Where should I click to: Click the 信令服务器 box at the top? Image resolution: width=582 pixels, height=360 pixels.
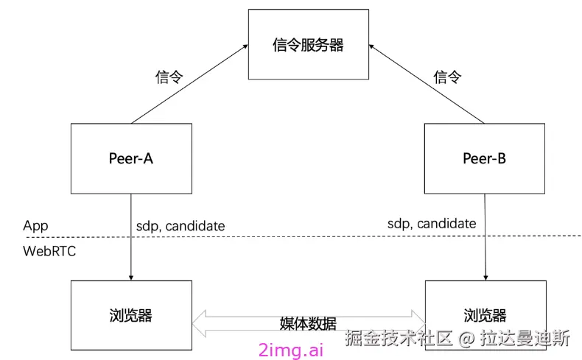[x=308, y=45]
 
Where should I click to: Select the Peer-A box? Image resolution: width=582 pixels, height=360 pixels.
[x=130, y=158]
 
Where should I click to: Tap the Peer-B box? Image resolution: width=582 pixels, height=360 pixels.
[x=484, y=158]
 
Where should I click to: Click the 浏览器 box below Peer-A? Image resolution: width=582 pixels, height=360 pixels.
[x=130, y=316]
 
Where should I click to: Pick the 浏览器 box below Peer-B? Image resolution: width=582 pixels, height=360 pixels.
[x=484, y=316]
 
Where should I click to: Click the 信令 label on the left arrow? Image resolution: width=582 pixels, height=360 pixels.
[x=169, y=77]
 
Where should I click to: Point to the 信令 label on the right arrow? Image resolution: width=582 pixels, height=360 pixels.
[x=447, y=77]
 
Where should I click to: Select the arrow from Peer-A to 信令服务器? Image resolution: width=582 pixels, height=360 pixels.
[x=189, y=83]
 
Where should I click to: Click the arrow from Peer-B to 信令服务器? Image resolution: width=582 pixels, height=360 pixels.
[x=427, y=83]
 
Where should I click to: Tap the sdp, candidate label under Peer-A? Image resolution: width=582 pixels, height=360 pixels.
[x=180, y=226]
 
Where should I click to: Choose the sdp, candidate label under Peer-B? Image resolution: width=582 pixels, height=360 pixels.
[x=432, y=223]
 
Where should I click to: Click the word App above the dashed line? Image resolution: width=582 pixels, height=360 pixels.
[x=35, y=225]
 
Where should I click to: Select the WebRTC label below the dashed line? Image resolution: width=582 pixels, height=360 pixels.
[x=49, y=252]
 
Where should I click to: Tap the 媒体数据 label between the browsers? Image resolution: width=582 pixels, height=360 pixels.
[x=308, y=324]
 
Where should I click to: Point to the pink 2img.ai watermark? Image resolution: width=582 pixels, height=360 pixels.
[x=291, y=350]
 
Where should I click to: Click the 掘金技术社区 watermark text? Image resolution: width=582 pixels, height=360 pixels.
[x=398, y=339]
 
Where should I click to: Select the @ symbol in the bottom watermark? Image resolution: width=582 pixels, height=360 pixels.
[x=466, y=339]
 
